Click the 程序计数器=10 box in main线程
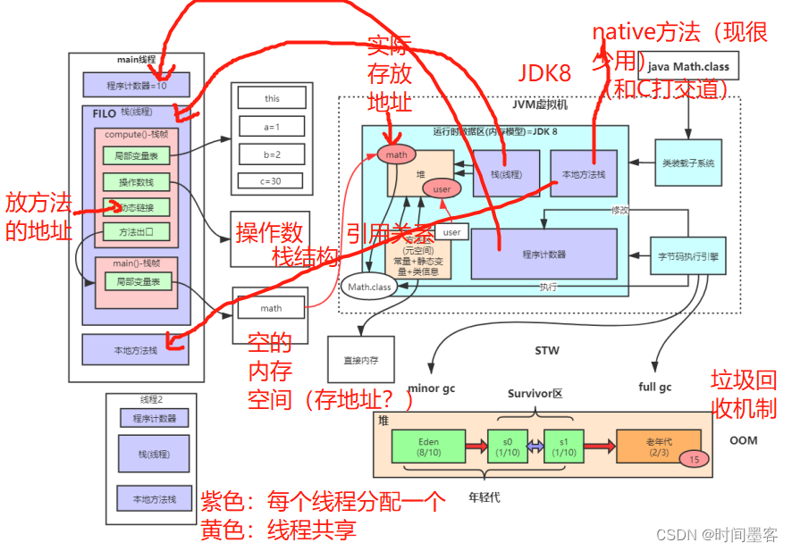pyautogui.click(x=136, y=85)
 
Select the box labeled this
pyautogui.click(x=271, y=98)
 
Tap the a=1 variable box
pyautogui.click(x=271, y=127)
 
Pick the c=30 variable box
pyautogui.click(x=271, y=180)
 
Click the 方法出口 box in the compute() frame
pyautogui.click(x=136, y=231)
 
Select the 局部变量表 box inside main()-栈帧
pyautogui.click(x=136, y=281)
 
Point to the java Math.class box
pyautogui.click(x=688, y=66)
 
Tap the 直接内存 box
pyautogui.click(x=360, y=361)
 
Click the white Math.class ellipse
pyautogui.click(x=368, y=287)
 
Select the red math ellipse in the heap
pyautogui.click(x=396, y=154)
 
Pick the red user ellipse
pyautogui.click(x=442, y=189)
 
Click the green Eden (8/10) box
pyautogui.click(x=428, y=446)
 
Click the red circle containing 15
pyautogui.click(x=695, y=458)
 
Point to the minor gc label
pyautogui.click(x=433, y=388)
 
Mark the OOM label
pyautogui.click(x=743, y=440)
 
